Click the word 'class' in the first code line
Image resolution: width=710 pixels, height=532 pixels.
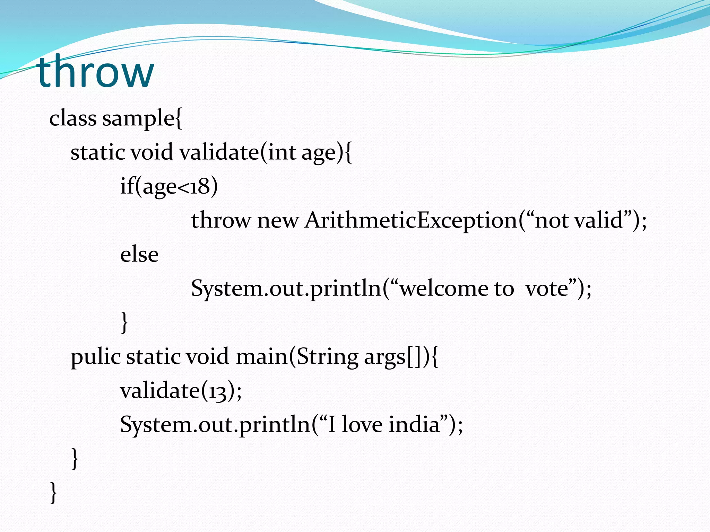[x=73, y=118]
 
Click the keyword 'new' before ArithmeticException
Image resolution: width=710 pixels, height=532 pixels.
[x=278, y=221]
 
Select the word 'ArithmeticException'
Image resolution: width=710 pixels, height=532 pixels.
[x=411, y=221]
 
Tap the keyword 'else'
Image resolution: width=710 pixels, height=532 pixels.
[x=139, y=254]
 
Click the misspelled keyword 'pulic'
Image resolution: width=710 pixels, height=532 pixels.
[x=95, y=357]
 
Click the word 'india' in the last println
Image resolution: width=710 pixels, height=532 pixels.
[x=414, y=425]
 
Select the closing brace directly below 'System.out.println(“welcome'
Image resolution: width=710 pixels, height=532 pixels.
[x=124, y=322]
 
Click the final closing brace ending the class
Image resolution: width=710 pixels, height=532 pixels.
[x=53, y=493]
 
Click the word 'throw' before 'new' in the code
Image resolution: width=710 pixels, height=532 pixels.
[x=221, y=221]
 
